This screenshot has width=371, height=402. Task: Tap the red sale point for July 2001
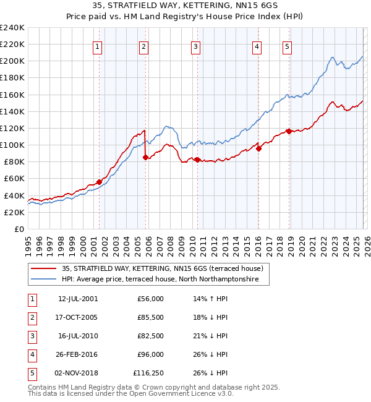[x=99, y=182]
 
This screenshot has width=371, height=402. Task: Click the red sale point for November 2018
[x=289, y=131]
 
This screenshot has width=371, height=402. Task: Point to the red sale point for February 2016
[x=258, y=148]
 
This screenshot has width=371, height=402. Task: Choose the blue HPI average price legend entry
[x=165, y=280]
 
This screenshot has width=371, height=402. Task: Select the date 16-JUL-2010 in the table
[x=78, y=336]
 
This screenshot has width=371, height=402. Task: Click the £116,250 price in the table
[x=148, y=373]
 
